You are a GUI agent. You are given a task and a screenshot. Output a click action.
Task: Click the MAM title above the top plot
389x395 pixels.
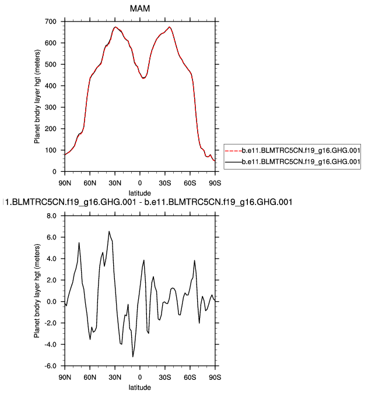tap(139, 8)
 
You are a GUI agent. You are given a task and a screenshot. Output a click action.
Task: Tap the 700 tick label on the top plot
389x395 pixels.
tap(51, 22)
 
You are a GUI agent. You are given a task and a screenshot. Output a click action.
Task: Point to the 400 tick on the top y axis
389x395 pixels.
tap(51, 86)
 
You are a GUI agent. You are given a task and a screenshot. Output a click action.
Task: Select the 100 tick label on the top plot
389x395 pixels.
tap(51, 150)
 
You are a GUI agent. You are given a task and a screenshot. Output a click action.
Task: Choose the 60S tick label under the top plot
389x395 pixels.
tap(190, 182)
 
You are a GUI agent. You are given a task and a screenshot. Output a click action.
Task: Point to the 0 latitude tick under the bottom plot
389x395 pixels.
tap(140, 376)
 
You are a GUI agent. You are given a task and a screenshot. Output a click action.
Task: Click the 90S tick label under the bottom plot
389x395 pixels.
tap(215, 376)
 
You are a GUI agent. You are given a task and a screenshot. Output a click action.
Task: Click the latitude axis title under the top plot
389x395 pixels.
tap(140, 192)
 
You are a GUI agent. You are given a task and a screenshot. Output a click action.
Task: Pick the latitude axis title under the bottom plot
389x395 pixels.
tap(140, 387)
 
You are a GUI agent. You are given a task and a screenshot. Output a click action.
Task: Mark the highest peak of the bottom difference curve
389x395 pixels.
tap(108, 231)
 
